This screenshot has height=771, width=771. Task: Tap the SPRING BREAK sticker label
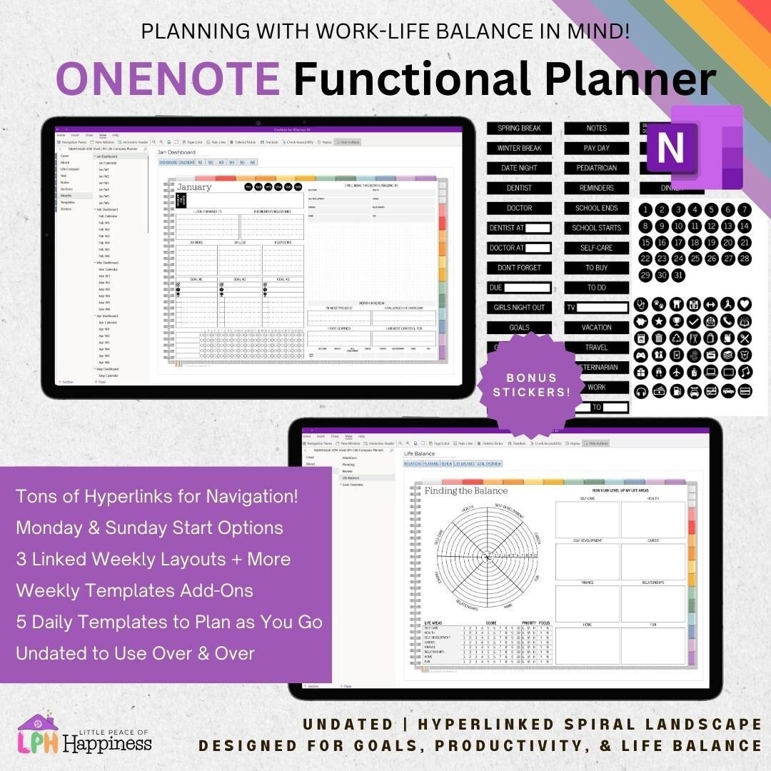click(x=519, y=128)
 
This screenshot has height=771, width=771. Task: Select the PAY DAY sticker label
click(x=596, y=148)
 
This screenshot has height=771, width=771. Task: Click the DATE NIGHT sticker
click(x=519, y=168)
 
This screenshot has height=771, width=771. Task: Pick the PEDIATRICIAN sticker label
click(x=596, y=168)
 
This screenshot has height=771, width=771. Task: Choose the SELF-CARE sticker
click(x=596, y=248)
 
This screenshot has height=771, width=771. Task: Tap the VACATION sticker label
click(x=596, y=328)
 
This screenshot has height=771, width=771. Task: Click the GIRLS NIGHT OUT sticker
click(x=519, y=308)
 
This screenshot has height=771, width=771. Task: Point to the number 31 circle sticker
click(x=678, y=275)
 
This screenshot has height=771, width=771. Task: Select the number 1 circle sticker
click(x=645, y=210)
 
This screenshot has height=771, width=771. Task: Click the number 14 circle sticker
click(x=745, y=226)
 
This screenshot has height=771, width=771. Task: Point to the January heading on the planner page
click(x=195, y=187)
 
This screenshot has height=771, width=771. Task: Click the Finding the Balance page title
click(x=466, y=491)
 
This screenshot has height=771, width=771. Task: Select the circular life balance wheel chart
click(x=488, y=555)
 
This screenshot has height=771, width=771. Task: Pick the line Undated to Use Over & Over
click(x=135, y=652)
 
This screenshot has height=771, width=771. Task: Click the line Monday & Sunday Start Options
click(x=149, y=528)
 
